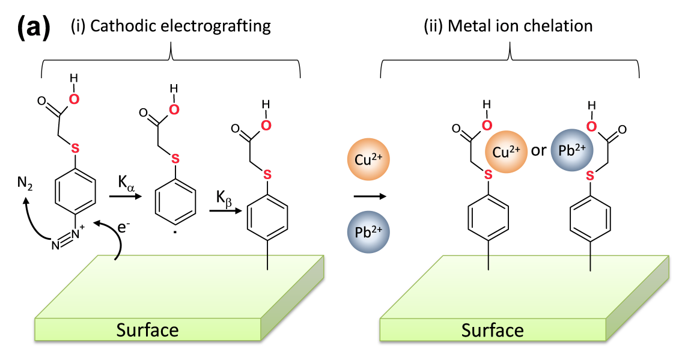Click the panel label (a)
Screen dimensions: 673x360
(x=34, y=28)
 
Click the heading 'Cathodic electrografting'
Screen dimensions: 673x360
(x=180, y=26)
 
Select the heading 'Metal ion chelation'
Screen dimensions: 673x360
(x=520, y=26)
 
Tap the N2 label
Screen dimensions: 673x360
(x=25, y=183)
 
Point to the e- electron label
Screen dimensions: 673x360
(x=124, y=227)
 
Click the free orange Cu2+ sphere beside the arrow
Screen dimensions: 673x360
(x=368, y=159)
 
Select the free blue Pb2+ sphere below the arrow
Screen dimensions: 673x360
(x=368, y=232)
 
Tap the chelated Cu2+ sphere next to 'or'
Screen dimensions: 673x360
(x=506, y=151)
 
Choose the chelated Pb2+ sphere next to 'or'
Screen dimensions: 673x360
(x=571, y=150)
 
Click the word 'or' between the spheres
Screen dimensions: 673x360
(x=538, y=151)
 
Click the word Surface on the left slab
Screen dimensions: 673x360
(x=147, y=330)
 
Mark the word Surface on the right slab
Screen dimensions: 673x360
(x=492, y=331)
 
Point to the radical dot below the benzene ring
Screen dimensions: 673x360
(x=175, y=233)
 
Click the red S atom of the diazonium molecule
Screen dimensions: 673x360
(x=75, y=149)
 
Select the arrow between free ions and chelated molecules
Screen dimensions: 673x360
(x=370, y=197)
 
